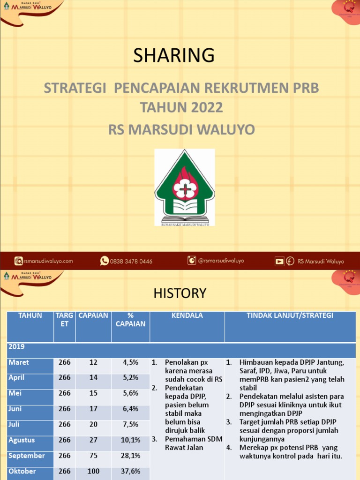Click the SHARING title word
(x=174, y=55)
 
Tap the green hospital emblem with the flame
(x=185, y=187)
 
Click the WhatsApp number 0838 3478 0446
(x=131, y=261)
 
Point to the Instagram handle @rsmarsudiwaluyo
(x=221, y=261)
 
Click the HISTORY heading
(x=180, y=293)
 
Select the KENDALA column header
(x=187, y=315)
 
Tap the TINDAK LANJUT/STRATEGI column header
(x=290, y=315)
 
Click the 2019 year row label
(x=16, y=347)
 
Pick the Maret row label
(x=19, y=362)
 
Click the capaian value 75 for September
(x=93, y=456)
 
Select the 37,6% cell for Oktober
(x=130, y=471)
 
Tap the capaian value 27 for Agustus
(x=93, y=440)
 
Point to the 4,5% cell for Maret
(x=130, y=362)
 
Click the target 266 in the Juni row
(x=65, y=409)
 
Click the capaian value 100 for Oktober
(x=93, y=471)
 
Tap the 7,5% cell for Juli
(x=130, y=424)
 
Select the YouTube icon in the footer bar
(x=279, y=261)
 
